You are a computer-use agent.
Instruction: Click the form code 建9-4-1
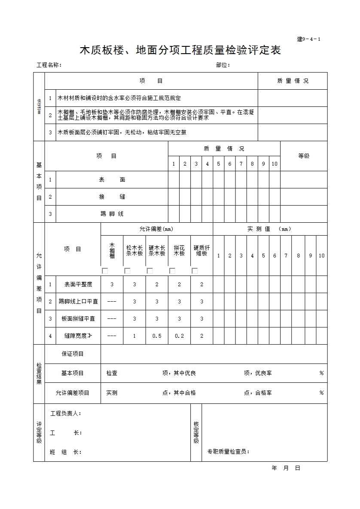point(308,39)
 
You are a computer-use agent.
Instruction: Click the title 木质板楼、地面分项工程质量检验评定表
point(180,51)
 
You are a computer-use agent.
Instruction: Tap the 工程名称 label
point(49,65)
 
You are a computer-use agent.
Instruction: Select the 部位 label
point(223,65)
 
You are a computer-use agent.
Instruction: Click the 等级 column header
point(304,156)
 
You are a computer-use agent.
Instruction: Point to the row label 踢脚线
point(112,214)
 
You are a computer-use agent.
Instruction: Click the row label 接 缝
point(112,197)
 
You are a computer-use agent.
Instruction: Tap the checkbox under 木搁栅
point(105,271)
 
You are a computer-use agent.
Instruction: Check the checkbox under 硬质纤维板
point(195,271)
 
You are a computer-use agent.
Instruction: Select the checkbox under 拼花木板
point(172,271)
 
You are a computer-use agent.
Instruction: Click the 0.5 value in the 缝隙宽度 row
point(157,336)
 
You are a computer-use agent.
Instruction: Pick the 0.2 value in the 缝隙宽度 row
point(179,336)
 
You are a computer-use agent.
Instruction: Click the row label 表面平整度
point(78,284)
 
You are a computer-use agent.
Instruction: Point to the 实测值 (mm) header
point(269,229)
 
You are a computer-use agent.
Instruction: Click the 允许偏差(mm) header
point(156,229)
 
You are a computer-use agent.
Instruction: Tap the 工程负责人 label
point(66,413)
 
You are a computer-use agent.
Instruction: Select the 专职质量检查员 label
point(228,451)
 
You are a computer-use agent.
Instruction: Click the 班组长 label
point(66,452)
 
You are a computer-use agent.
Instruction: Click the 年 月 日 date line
point(286,468)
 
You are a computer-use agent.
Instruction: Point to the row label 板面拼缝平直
point(78,318)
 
